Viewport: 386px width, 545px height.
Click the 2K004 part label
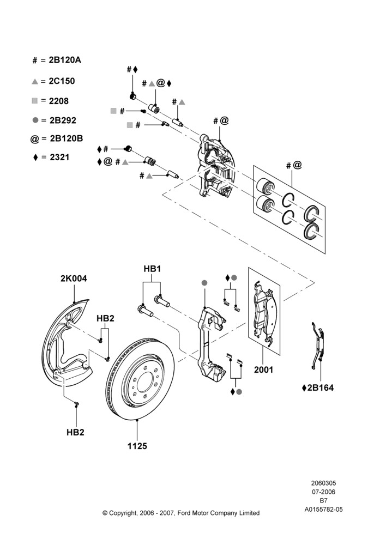74,278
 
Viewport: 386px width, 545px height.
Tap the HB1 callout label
152,269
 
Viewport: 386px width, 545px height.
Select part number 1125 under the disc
137,446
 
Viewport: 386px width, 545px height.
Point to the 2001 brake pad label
263,370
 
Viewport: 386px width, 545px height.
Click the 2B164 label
320,388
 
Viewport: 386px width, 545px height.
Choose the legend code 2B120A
65,60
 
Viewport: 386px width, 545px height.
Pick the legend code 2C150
62,81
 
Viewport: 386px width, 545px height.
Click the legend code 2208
59,101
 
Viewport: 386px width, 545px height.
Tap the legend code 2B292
63,120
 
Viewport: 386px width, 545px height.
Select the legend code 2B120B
67,138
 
